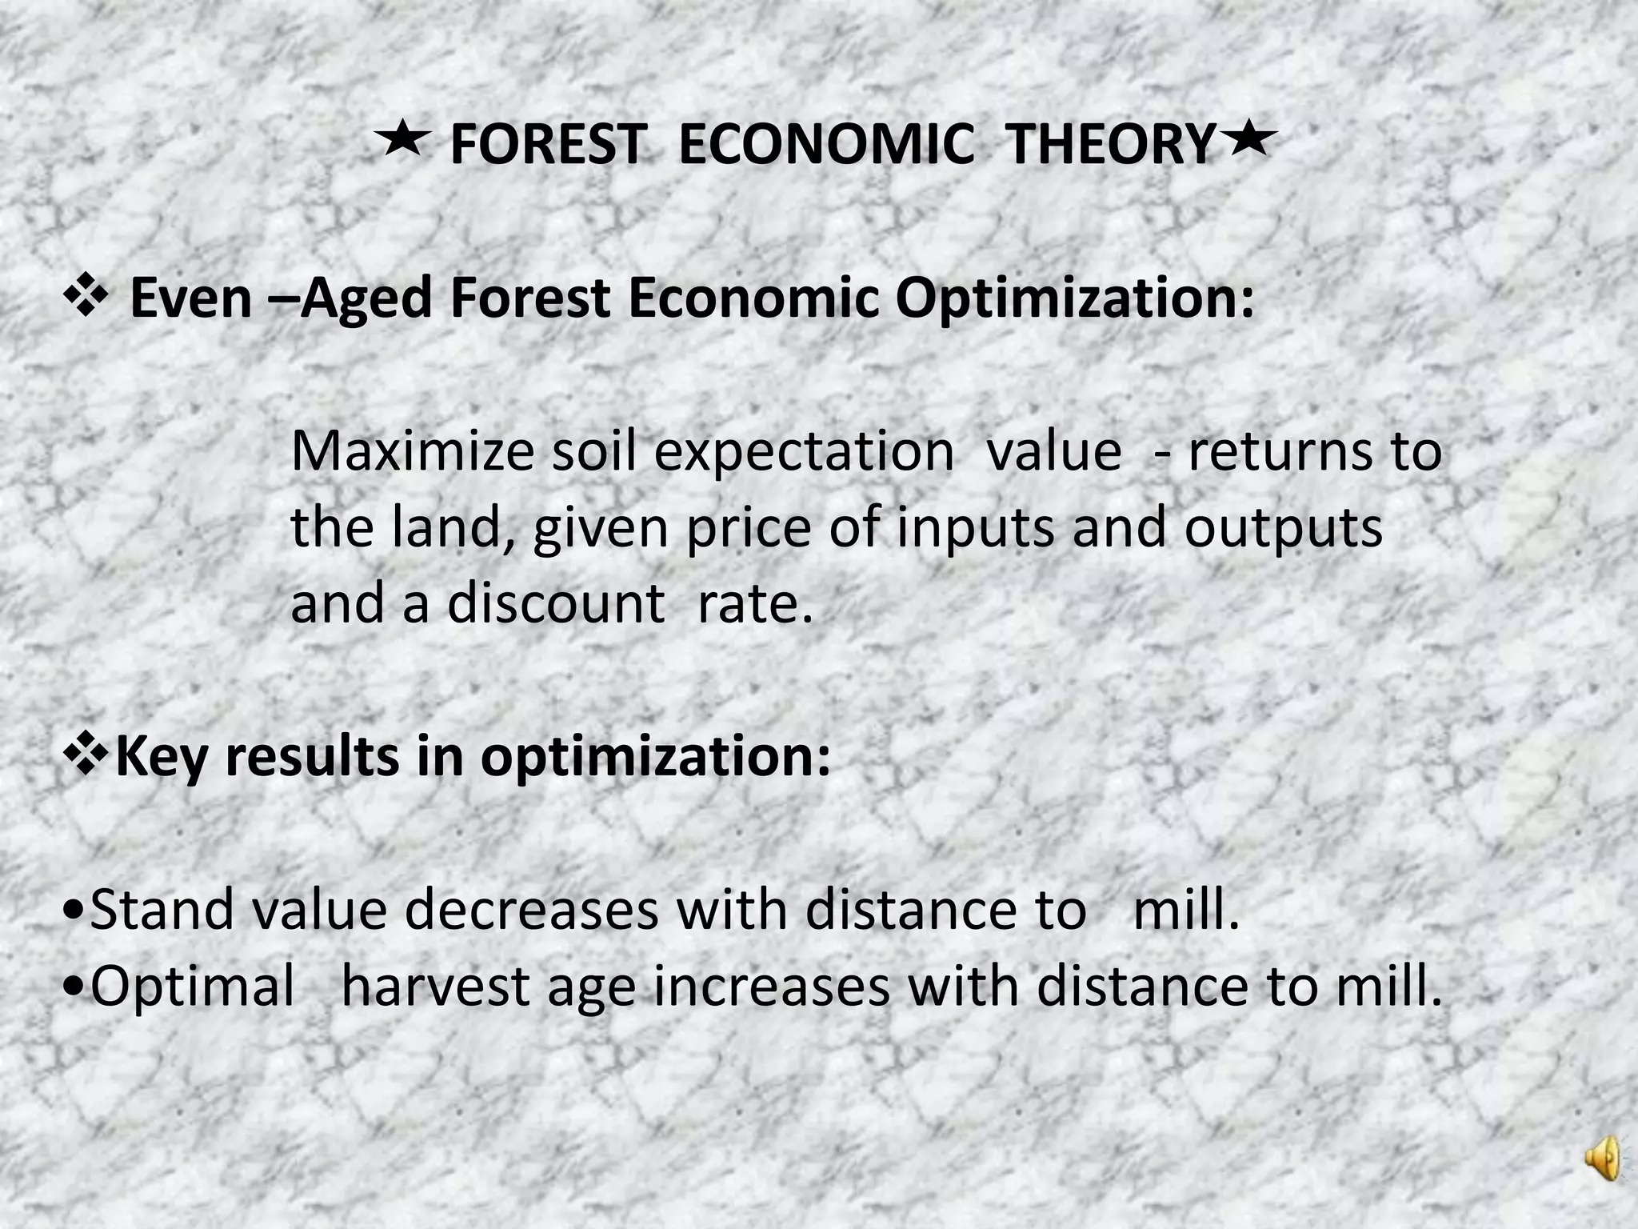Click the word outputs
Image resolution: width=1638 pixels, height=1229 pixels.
click(1283, 529)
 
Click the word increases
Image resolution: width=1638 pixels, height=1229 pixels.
click(771, 987)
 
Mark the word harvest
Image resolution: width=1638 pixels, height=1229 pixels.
click(435, 987)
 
